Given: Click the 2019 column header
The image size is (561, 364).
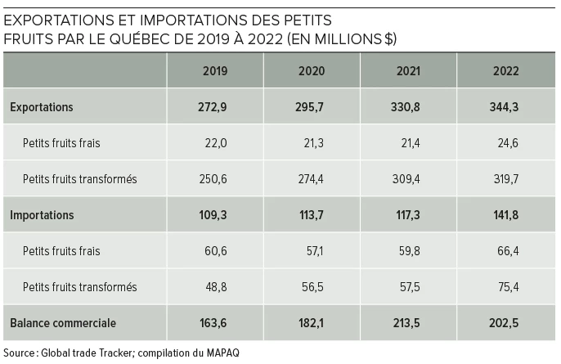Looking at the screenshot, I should click(215, 71).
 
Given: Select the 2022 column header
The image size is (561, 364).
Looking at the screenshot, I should click(506, 71).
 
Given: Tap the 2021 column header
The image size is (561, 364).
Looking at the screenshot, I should click(409, 71).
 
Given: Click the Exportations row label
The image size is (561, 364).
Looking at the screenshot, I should click(42, 107).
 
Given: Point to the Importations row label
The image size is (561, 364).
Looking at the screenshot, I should click(42, 215).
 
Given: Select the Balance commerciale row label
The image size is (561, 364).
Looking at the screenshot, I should click(63, 323).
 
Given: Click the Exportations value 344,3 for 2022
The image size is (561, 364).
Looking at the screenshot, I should click(506, 107).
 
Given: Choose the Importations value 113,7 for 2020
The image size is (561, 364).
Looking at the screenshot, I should click(312, 215).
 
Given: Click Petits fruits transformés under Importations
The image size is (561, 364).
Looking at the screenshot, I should click(79, 287).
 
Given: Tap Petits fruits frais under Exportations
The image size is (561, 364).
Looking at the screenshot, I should click(61, 143).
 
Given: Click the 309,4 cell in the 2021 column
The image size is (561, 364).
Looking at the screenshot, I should click(409, 179).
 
